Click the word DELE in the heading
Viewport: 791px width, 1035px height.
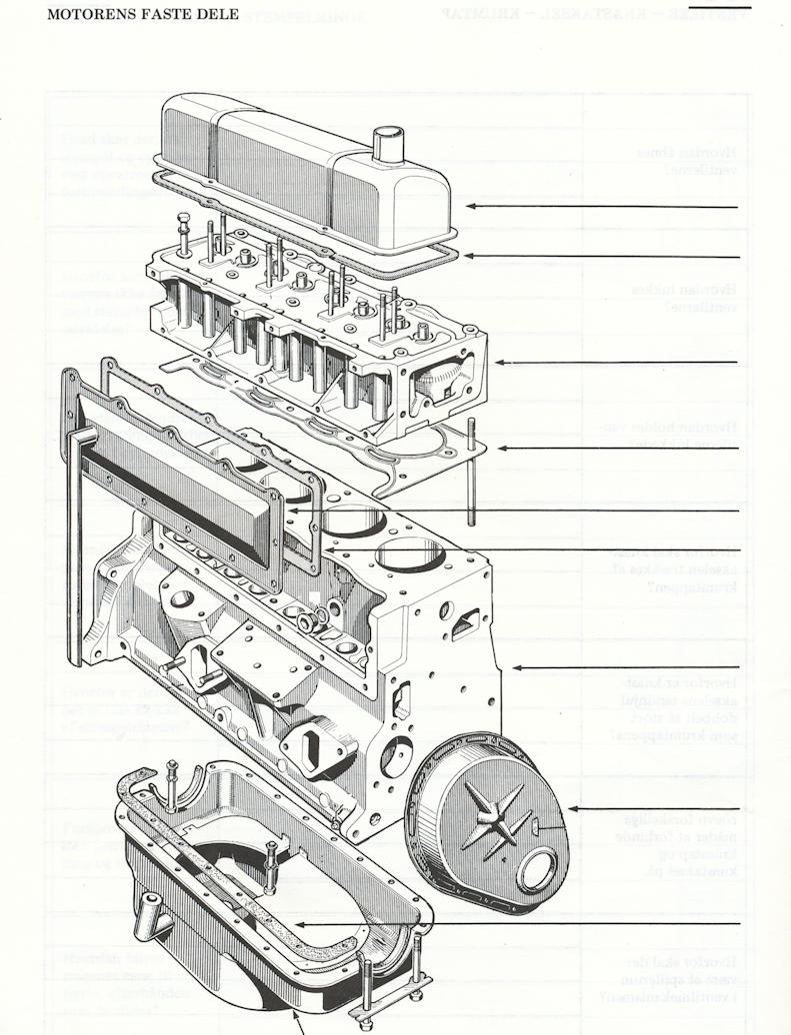click(218, 15)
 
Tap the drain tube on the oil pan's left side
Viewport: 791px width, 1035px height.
click(153, 911)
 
